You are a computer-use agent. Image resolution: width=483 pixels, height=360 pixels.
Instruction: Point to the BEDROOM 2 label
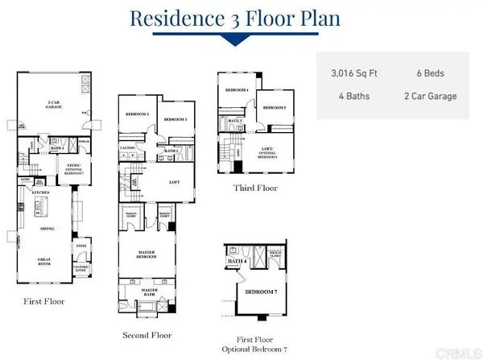(x=138, y=114)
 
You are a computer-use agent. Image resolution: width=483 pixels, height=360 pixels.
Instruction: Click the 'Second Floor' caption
(x=145, y=334)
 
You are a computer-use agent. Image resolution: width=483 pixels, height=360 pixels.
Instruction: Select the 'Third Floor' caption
(x=254, y=188)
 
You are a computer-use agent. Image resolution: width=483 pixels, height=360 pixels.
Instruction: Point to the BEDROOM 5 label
(x=275, y=107)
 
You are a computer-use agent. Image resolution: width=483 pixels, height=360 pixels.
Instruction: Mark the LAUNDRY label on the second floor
(x=128, y=148)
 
